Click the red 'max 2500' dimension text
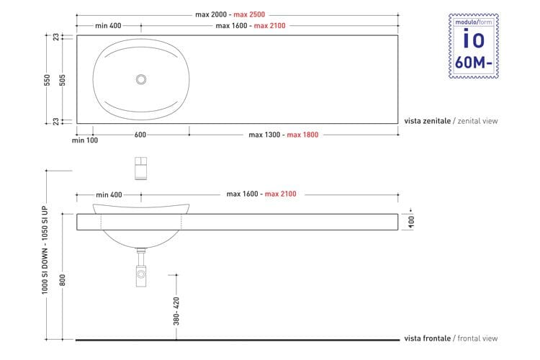click(x=249, y=14)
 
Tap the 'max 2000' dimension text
click(x=211, y=14)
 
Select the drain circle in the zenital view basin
click(x=141, y=79)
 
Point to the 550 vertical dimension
click(x=48, y=80)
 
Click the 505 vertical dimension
click(x=63, y=80)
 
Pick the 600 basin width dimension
click(x=140, y=135)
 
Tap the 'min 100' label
click(x=85, y=140)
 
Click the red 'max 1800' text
click(x=302, y=135)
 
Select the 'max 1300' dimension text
click(x=264, y=135)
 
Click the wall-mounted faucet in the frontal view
click(x=141, y=168)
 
